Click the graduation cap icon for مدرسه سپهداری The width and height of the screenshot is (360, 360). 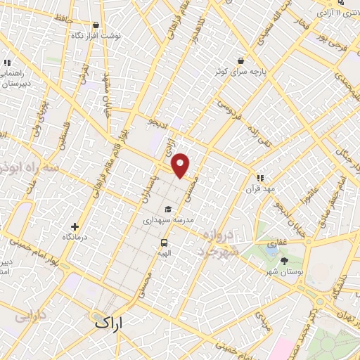pyautogui.click(x=167, y=210)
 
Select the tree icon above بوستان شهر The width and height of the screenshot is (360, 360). pyautogui.click(x=284, y=261)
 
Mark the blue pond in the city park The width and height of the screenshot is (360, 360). pyautogui.click(x=272, y=246)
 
